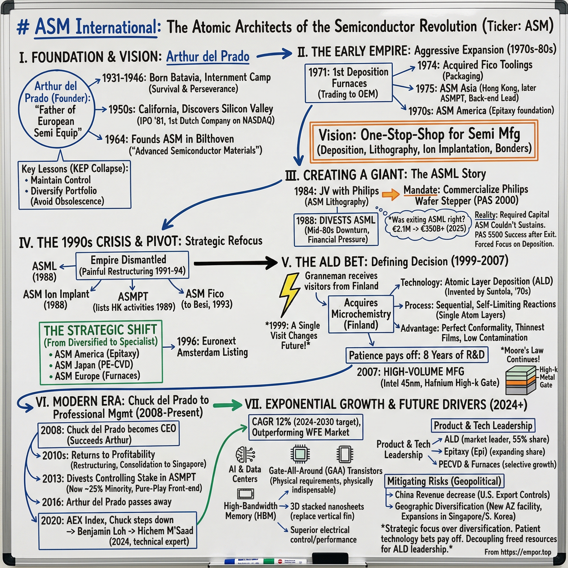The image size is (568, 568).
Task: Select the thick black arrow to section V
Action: [x=235, y=263]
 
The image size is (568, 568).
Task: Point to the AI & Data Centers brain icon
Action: [x=245, y=455]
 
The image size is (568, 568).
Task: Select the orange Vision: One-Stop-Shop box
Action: [x=424, y=141]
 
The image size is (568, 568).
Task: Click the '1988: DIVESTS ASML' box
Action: [x=336, y=230]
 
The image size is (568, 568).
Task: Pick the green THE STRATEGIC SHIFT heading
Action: [x=101, y=330]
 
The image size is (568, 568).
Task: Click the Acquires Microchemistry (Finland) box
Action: [x=361, y=314]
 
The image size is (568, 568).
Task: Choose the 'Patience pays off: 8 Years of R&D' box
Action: [x=416, y=355]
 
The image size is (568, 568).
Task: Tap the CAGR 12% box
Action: [x=306, y=427]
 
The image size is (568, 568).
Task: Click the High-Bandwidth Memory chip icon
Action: [x=245, y=494]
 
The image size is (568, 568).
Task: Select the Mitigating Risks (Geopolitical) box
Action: [x=444, y=481]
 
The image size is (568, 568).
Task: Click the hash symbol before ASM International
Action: [x=23, y=28]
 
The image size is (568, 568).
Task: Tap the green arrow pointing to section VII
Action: [x=227, y=405]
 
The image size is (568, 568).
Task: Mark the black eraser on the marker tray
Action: [x=330, y=558]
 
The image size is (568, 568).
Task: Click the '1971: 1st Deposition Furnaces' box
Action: [x=349, y=83]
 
